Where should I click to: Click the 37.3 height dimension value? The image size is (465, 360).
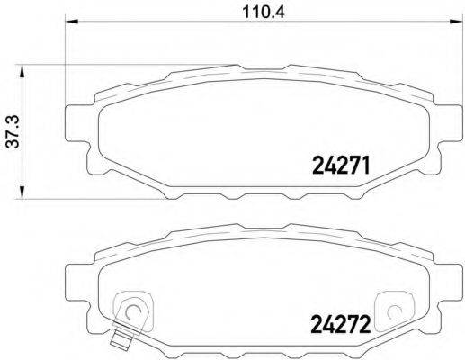click(x=11, y=131)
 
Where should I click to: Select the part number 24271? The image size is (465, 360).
click(x=341, y=165)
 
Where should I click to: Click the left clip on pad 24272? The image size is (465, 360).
click(x=131, y=308)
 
